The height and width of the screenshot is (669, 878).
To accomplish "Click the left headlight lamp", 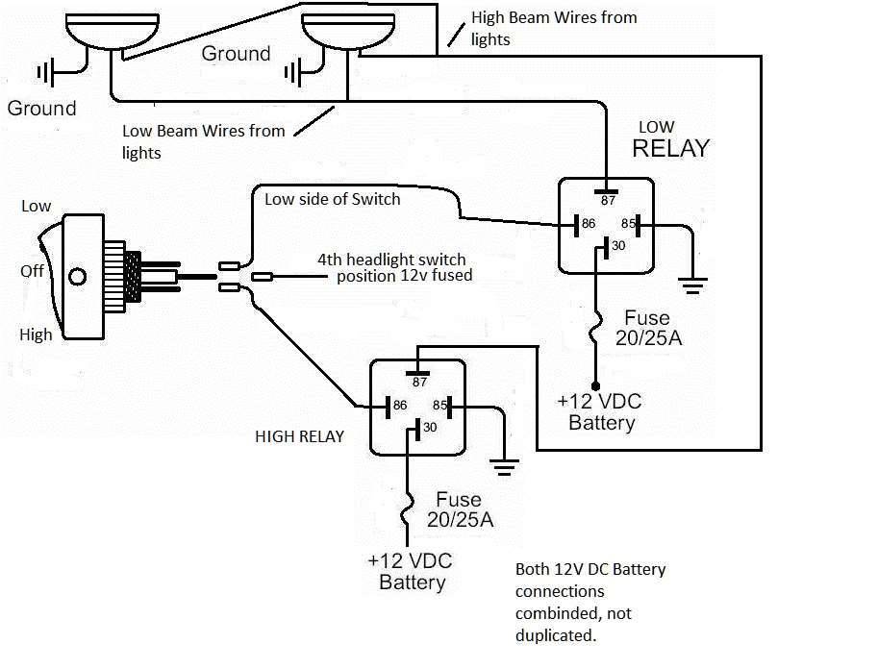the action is (x=112, y=31).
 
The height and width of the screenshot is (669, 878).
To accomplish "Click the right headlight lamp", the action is (x=348, y=32).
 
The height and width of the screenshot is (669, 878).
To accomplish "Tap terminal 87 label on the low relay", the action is (x=608, y=201).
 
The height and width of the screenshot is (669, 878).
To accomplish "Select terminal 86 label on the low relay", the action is (x=589, y=223).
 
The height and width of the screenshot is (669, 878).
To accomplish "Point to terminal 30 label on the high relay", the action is (x=430, y=427).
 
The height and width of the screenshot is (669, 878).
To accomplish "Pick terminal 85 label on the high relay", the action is (x=439, y=405).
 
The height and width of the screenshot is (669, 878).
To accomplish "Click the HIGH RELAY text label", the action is (x=300, y=436).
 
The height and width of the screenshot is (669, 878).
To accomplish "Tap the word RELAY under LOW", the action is (x=671, y=148).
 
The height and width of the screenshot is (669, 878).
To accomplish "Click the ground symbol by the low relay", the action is (x=692, y=285).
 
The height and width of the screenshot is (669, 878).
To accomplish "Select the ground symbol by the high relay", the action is (x=504, y=467).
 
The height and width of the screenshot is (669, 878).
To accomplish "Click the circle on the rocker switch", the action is (x=77, y=277).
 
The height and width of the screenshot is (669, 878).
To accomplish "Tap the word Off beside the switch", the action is (x=32, y=271).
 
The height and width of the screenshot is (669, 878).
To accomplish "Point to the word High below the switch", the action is (x=36, y=334).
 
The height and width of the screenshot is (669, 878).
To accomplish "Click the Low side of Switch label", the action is (x=333, y=199).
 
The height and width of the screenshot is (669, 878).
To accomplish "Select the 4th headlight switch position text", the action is (x=395, y=267).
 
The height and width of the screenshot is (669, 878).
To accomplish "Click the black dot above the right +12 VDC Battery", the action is (x=595, y=386).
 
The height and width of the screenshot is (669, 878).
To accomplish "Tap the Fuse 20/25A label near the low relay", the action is (x=648, y=328).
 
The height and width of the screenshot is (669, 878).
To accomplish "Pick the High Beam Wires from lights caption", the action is (x=554, y=29).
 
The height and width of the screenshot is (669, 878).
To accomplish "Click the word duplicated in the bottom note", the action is (x=556, y=635).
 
